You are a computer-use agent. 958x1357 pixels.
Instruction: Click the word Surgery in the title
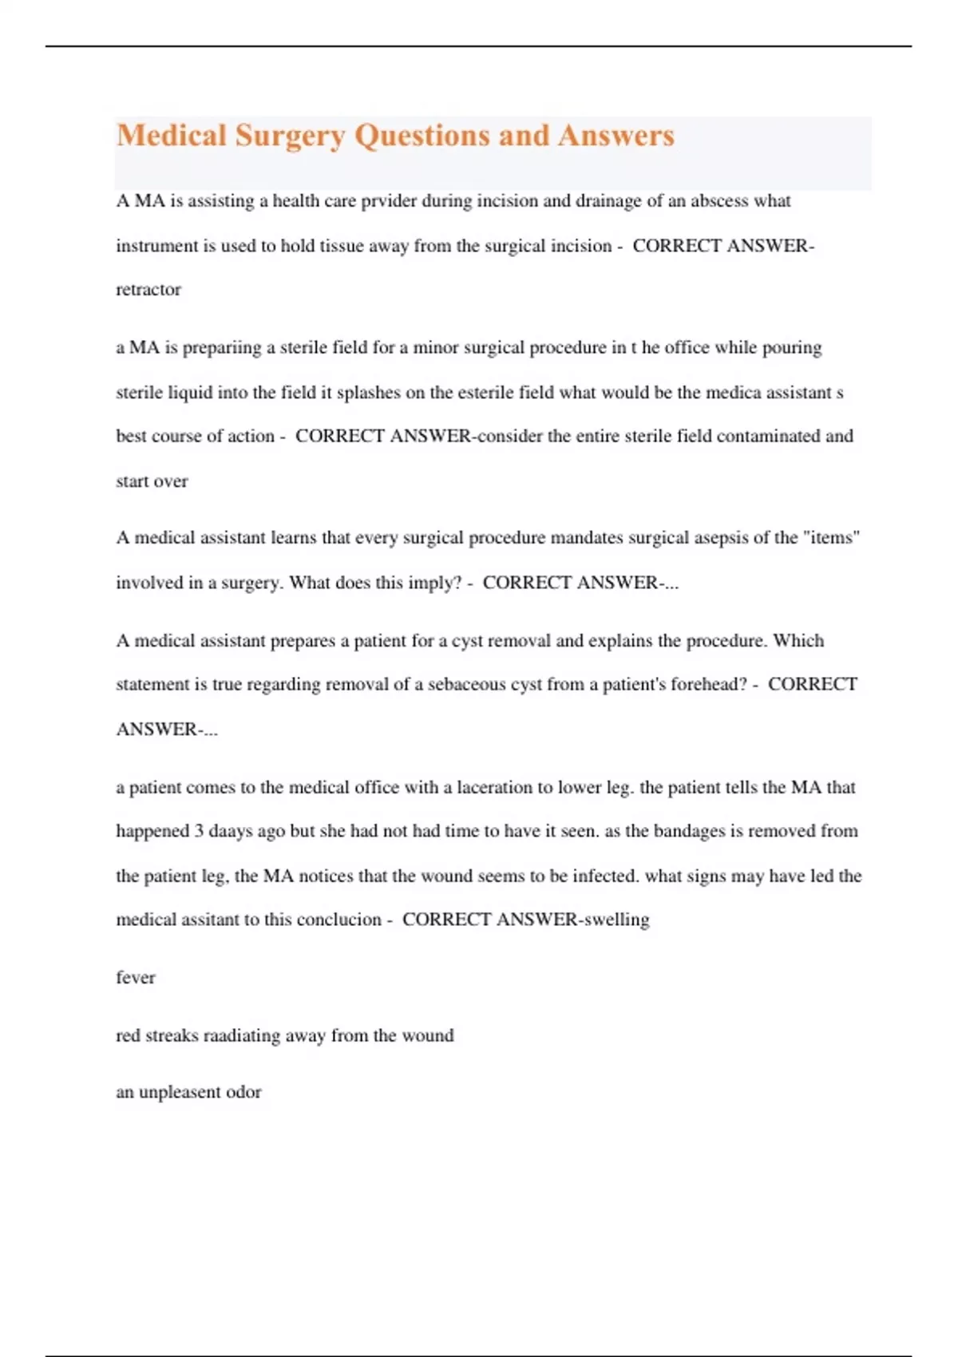click(x=289, y=136)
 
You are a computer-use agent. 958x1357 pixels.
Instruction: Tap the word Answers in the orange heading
click(x=616, y=136)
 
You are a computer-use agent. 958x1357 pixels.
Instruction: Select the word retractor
click(x=148, y=290)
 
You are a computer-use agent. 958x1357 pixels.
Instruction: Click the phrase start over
click(x=152, y=481)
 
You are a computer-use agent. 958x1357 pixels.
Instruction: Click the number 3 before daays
click(x=199, y=831)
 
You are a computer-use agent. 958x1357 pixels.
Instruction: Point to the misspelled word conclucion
click(x=338, y=920)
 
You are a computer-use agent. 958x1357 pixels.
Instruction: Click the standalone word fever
click(x=136, y=978)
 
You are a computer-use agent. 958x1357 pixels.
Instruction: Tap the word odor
click(x=243, y=1092)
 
